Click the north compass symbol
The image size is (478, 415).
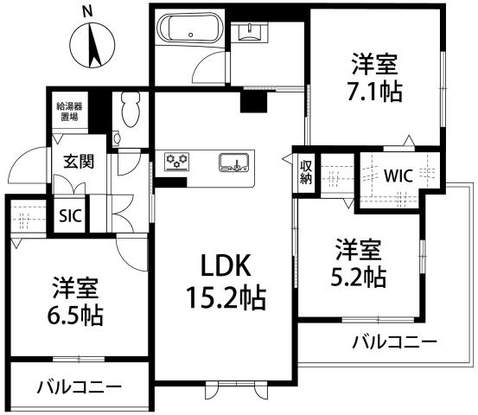92,45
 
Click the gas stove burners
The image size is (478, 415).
177,161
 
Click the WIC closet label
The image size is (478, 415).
398,175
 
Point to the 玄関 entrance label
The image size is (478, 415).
78,161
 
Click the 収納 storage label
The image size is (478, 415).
306,171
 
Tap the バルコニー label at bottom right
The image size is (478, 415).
393,342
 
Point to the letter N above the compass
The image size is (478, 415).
86,10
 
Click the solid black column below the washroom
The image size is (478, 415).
253,100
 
